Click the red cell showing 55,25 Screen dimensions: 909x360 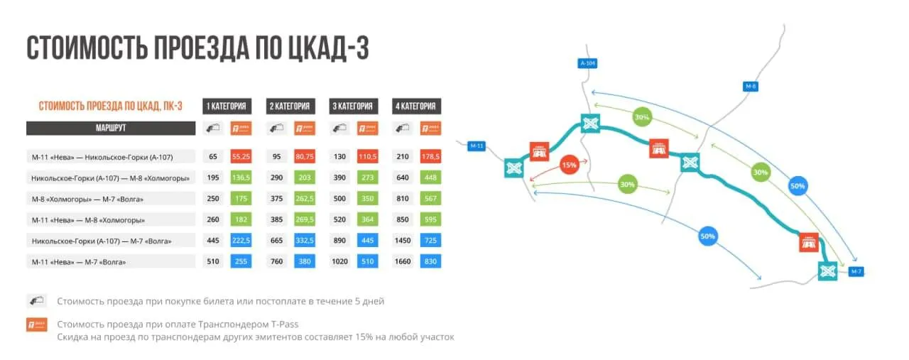click(241, 156)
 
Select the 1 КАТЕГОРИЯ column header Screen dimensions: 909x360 click(227, 107)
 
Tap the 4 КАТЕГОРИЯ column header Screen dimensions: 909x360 click(416, 107)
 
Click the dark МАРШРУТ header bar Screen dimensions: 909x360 click(111, 128)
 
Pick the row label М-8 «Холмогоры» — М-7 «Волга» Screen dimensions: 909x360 click(87, 199)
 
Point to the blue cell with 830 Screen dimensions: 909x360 click(430, 261)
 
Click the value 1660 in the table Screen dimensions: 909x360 click(403, 261)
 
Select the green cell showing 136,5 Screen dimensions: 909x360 click(241, 178)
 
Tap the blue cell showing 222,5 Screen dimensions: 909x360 click(241, 240)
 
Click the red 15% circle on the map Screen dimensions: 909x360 click(569, 165)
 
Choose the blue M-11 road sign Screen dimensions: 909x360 click(477, 146)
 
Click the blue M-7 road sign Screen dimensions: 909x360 click(856, 271)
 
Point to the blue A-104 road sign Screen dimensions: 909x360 click(587, 63)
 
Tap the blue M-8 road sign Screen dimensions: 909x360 click(751, 87)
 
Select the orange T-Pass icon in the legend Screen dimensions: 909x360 click(37, 324)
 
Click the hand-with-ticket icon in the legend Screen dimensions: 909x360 click(37, 301)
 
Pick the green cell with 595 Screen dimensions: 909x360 click(430, 219)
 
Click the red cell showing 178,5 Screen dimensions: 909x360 click(430, 156)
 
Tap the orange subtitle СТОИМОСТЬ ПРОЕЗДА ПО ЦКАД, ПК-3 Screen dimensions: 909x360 click(110, 107)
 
